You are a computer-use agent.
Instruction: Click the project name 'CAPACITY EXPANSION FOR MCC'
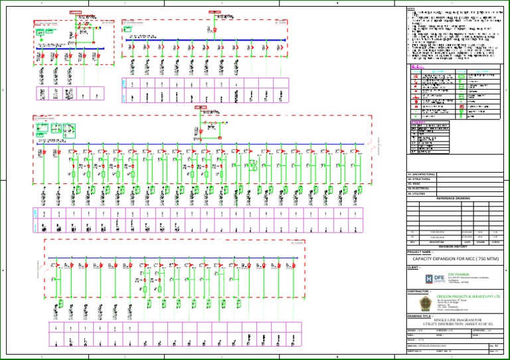pos(456,258)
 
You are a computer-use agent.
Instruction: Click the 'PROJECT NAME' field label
pos(420,252)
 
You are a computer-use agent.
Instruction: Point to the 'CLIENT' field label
pos(414,267)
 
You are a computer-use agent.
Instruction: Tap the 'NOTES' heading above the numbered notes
pos(411,9)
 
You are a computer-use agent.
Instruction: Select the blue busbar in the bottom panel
pos(166,266)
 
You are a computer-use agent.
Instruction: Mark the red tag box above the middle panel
pos(201,106)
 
